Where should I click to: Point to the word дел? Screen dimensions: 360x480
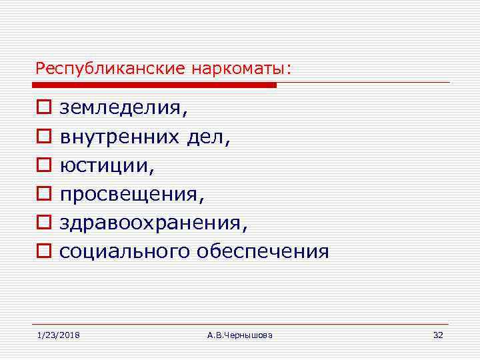coord(208,137)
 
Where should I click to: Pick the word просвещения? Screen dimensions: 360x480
coord(131,194)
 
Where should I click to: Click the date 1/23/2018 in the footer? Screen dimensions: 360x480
coord(58,335)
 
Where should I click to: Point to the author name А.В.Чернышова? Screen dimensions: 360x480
coord(240,335)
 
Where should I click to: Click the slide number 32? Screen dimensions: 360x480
coord(437,335)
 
